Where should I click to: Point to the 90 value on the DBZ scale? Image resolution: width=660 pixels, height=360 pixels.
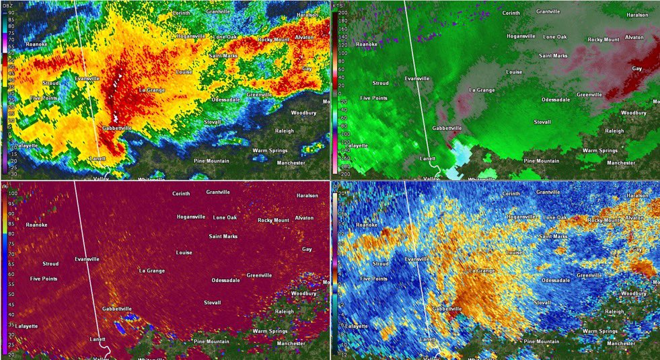coord(11,12)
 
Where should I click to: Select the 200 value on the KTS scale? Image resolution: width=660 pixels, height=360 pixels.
coord(342,13)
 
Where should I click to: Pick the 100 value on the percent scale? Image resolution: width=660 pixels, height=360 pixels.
coord(11,193)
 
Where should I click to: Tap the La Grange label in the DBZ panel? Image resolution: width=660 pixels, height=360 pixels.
coord(151,89)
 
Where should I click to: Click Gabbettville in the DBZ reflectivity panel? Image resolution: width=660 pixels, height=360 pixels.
coord(117,128)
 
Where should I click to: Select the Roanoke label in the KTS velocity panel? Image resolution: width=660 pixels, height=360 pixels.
coord(367,44)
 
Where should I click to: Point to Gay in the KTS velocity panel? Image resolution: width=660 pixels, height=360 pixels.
coord(636,69)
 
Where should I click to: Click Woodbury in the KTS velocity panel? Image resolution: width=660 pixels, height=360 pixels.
coord(633,112)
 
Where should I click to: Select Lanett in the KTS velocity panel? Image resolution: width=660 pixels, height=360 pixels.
coord(428,158)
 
